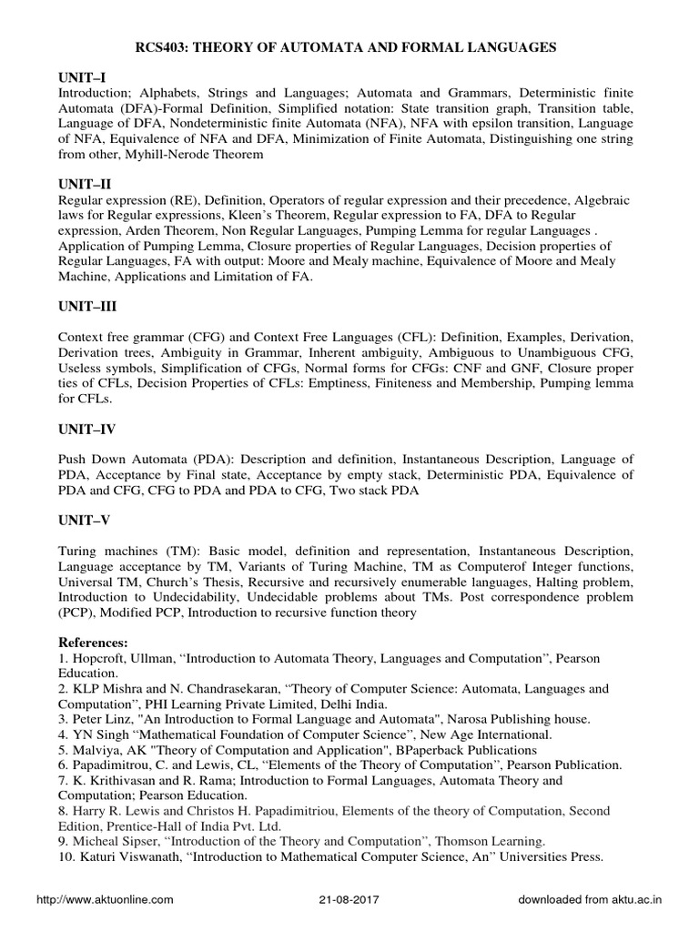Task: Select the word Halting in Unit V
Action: pos(540,582)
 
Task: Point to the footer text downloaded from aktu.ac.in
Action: pos(591,899)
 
